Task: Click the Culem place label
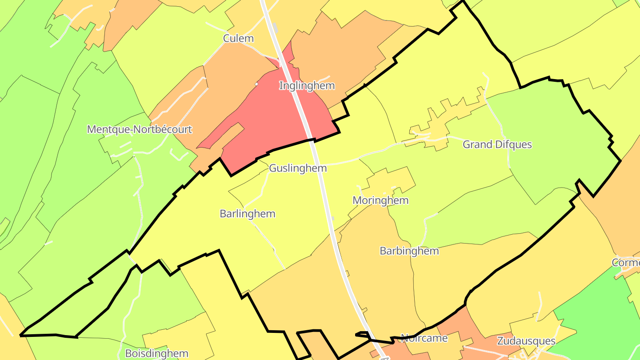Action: (238, 38)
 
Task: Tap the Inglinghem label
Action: (307, 85)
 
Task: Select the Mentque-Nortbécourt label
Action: (140, 129)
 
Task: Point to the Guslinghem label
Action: (298, 168)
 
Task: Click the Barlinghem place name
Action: (248, 214)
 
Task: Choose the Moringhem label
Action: (380, 200)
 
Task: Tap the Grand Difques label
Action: (497, 144)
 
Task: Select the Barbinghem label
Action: (409, 251)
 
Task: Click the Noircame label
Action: (424, 338)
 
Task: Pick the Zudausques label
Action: (526, 341)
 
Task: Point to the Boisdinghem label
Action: (157, 354)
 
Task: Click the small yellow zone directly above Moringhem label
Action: (391, 180)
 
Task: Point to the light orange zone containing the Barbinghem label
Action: (378, 271)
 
